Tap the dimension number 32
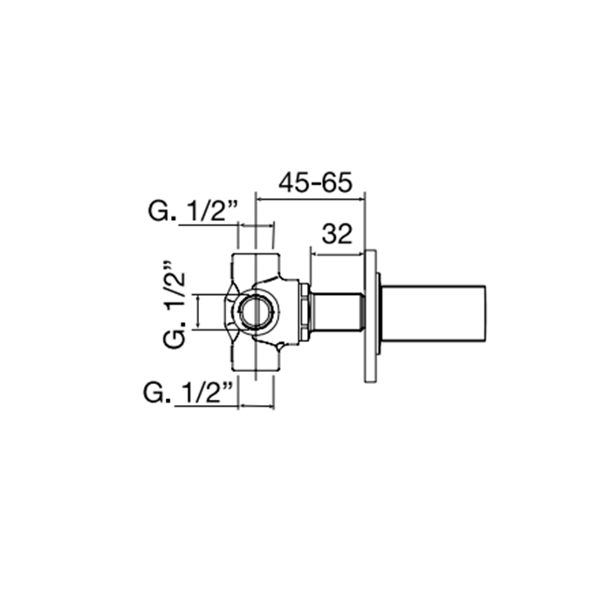336,234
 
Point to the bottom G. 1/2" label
189,394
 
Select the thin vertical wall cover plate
371,316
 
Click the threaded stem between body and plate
336,312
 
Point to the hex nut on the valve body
303,312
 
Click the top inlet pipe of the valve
256,262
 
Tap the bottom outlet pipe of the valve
256,361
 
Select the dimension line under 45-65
309,199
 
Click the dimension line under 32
338,255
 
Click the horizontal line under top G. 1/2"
209,224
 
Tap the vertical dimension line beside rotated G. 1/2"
200,312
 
